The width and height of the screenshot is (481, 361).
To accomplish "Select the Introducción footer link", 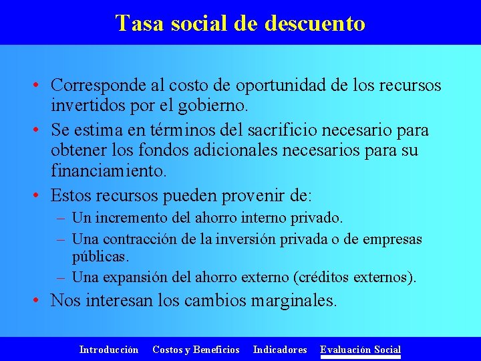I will (109, 350).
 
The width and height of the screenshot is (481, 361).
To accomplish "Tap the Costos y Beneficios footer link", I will (196, 350).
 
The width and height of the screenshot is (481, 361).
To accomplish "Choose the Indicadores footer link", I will (280, 350).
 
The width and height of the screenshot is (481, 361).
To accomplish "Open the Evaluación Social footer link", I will (360, 350).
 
